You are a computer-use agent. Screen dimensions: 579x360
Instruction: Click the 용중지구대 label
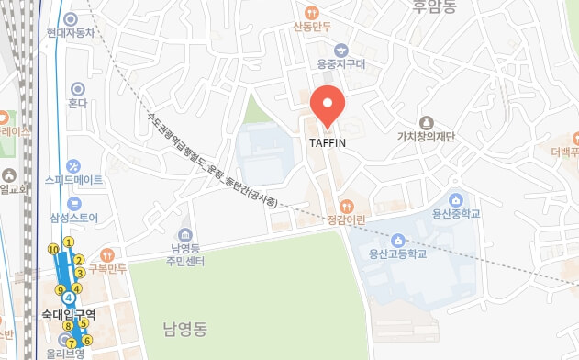(341, 63)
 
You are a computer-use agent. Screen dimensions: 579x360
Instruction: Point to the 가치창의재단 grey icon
(426, 122)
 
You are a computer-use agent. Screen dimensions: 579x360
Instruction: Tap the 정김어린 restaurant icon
(346, 206)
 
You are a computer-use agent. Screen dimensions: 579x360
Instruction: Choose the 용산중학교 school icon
(455, 199)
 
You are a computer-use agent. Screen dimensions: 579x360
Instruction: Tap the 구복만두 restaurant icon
(106, 254)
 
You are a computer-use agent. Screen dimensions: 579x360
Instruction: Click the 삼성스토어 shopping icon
(74, 203)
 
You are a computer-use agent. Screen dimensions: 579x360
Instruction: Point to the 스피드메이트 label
(74, 179)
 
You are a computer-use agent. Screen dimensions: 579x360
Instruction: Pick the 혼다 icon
(77, 89)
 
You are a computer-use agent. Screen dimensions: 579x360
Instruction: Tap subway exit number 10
(53, 249)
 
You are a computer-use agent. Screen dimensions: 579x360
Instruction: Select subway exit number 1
(69, 242)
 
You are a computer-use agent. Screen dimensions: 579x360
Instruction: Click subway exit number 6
(87, 341)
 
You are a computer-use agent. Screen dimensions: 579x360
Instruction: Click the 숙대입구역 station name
(69, 314)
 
